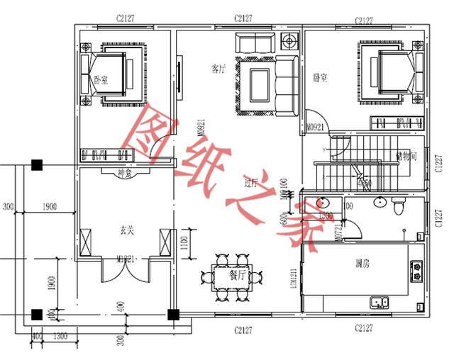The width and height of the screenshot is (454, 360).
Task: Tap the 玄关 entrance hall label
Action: pos(128,230)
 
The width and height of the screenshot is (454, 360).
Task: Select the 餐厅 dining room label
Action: pos(237,274)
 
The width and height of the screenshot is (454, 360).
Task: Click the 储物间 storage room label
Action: pos(406,155)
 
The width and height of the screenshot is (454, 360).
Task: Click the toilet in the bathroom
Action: pos(397,208)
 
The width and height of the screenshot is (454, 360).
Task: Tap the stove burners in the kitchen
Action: pos(416,270)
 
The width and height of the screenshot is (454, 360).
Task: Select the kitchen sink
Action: pos(378,303)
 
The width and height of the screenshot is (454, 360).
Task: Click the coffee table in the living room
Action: pos(258,84)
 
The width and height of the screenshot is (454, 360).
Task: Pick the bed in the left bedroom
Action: pos(116,72)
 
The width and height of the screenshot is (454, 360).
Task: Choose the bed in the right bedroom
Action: pos(391,72)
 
